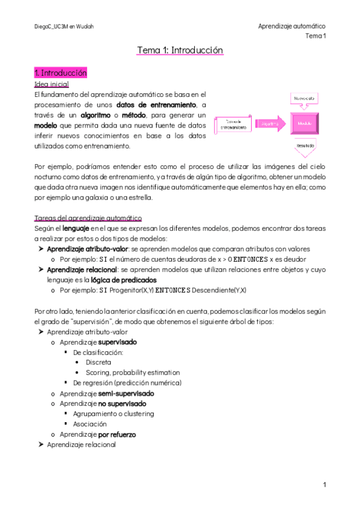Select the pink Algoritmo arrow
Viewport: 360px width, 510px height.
pos(271,124)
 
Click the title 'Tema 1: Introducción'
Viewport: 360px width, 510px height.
pos(180,51)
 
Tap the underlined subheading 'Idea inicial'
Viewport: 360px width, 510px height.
pos(53,84)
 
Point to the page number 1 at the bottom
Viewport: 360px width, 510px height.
pos(324,485)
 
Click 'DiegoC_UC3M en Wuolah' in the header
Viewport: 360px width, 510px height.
pos(64,27)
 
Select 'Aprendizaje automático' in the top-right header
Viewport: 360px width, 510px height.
pos(291,26)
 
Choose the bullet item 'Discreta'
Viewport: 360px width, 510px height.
pos(98,362)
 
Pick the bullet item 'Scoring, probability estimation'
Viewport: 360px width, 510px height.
pos(132,372)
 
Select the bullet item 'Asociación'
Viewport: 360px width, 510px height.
pos(90,423)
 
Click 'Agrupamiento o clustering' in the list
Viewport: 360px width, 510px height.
pos(113,413)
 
